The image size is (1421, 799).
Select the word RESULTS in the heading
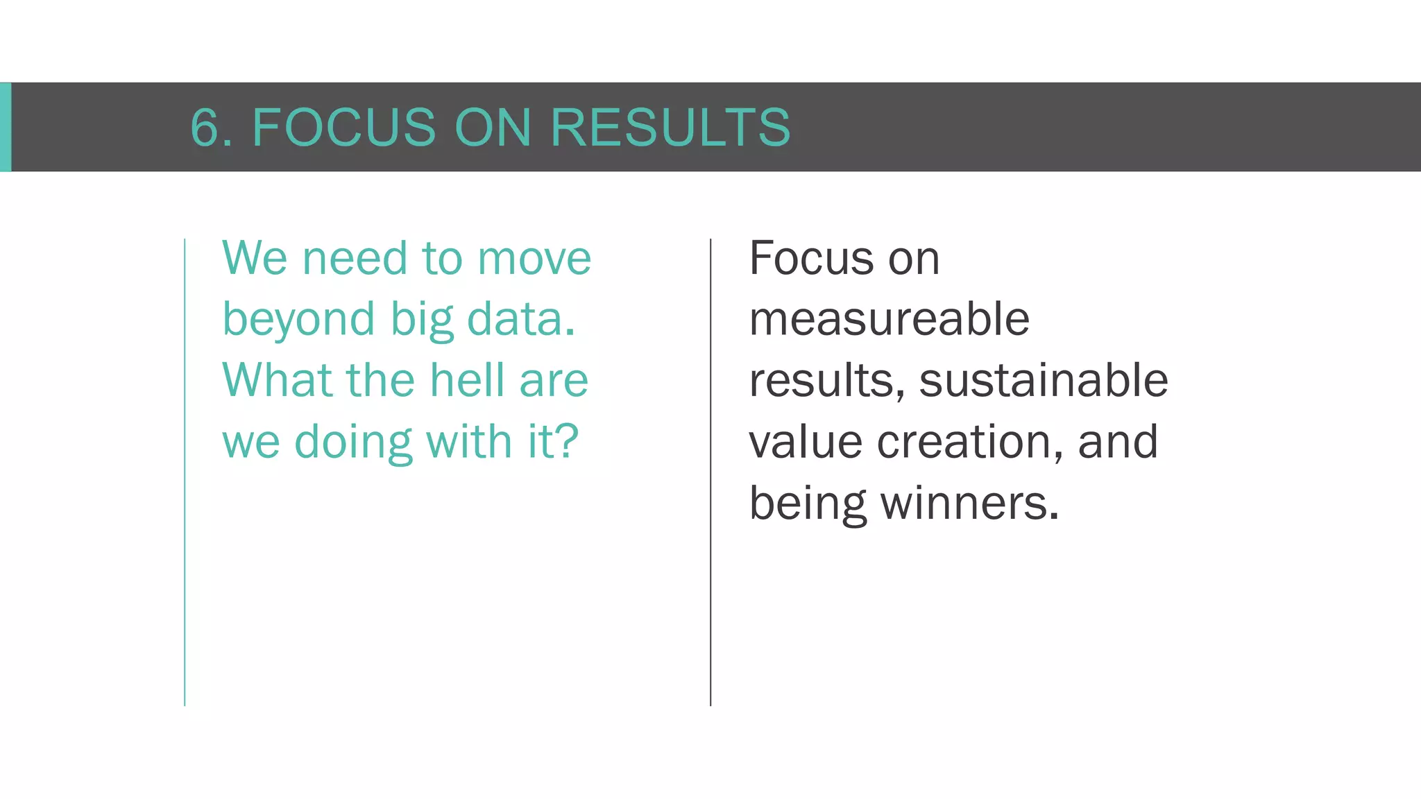[x=670, y=128]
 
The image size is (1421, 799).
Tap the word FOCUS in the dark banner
[x=343, y=128]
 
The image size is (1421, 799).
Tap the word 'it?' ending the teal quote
[x=553, y=441]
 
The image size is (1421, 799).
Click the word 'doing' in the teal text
[x=353, y=443]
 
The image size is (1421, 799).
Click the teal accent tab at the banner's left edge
[x=6, y=127]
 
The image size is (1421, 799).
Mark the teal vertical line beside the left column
[x=185, y=472]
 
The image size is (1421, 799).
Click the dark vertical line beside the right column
[x=710, y=472]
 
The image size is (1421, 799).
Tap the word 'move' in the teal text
[x=534, y=258]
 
